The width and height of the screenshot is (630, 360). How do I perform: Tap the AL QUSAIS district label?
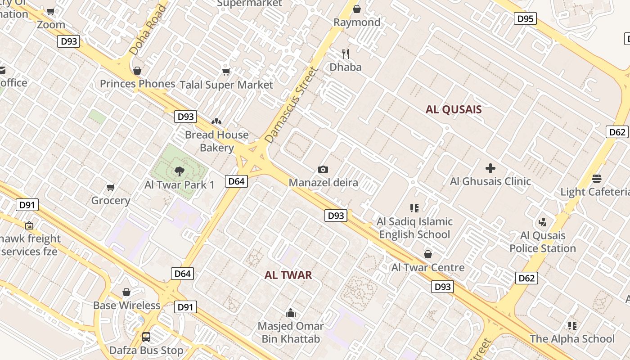pos(454,109)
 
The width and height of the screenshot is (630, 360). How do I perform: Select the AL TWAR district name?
pos(288,275)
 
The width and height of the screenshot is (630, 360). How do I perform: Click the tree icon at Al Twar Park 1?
pos(179,171)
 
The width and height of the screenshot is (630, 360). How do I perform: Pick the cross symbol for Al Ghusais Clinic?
pos(490,169)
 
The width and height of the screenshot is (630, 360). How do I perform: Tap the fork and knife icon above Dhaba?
pos(346,54)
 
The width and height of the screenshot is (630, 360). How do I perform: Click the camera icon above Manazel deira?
pos(323,170)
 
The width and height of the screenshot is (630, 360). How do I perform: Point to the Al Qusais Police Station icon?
pos(542,222)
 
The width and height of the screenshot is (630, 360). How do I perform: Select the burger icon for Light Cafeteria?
pos(597,179)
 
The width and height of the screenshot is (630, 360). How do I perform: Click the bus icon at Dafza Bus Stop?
pos(146,337)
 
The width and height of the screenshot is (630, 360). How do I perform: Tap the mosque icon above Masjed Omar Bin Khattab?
pos(291,313)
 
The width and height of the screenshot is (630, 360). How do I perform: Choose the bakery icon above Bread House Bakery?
pos(216,121)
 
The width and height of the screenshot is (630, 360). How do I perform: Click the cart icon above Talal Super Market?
pos(226,72)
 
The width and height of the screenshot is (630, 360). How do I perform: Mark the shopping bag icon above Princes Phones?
pos(137,71)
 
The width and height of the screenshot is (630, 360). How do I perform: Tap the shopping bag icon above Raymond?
pos(357,9)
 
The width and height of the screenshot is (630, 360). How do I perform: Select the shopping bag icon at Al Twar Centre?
pos(428,254)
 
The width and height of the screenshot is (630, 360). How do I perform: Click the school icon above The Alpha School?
pos(572,325)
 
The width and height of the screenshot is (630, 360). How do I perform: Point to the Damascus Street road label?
pos(291,105)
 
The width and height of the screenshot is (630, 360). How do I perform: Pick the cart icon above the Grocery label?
pos(110,187)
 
